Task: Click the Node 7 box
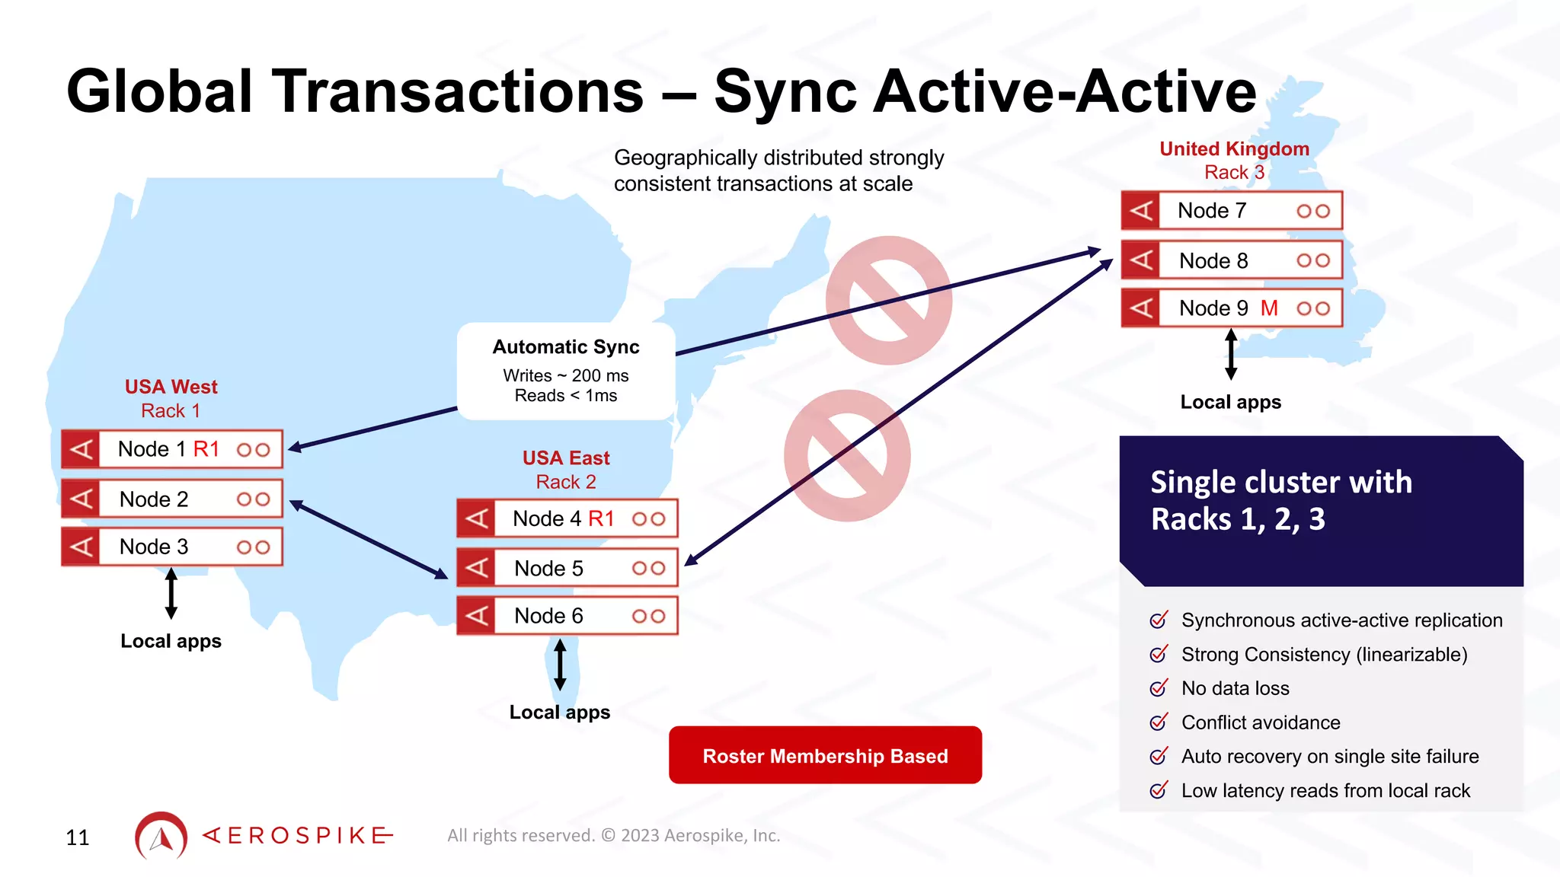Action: coord(1231,211)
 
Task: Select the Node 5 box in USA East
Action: coord(567,568)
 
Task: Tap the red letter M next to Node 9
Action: coord(1269,308)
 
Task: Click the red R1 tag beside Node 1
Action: coord(206,449)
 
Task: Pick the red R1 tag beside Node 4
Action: coord(601,519)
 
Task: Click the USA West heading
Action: coord(171,387)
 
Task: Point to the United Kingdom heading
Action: coord(1234,149)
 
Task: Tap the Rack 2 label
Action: coord(566,482)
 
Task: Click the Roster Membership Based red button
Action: coord(825,755)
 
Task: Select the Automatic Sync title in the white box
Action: coord(566,347)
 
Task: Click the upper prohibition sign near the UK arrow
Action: coord(888,300)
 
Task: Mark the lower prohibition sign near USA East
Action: coord(847,455)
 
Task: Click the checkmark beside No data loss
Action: coord(1159,688)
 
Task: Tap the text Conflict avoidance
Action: coord(1261,722)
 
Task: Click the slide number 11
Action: coord(78,837)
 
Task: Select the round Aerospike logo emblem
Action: coord(161,836)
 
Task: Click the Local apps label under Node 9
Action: coord(1230,402)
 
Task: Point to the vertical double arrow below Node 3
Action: coord(171,593)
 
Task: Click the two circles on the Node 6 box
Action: coord(648,616)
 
